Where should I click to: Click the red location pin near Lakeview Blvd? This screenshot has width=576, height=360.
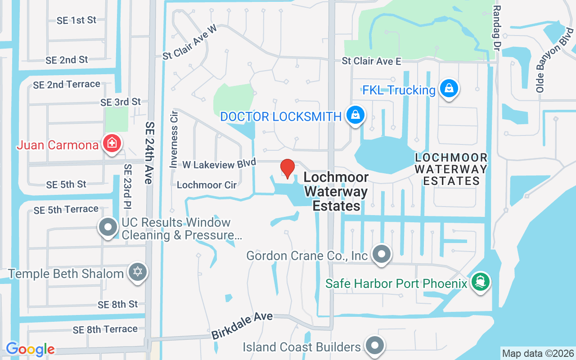pyautogui.click(x=288, y=168)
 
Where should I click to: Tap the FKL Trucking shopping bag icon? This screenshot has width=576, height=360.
pyautogui.click(x=449, y=89)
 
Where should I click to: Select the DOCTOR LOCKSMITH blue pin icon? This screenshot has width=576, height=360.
pyautogui.click(x=355, y=115)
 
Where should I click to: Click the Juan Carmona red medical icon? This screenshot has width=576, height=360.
pyautogui.click(x=111, y=144)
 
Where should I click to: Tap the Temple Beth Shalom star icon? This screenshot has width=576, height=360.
pyautogui.click(x=138, y=272)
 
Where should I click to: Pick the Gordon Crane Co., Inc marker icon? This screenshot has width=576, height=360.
pyautogui.click(x=382, y=254)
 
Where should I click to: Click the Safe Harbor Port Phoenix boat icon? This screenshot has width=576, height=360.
pyautogui.click(x=481, y=282)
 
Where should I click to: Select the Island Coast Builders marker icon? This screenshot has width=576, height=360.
pyautogui.click(x=374, y=346)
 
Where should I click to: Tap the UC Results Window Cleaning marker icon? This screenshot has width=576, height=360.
pyautogui.click(x=108, y=227)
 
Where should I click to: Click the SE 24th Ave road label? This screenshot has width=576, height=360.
pyautogui.click(x=149, y=153)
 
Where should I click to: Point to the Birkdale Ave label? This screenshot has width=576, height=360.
pyautogui.click(x=242, y=326)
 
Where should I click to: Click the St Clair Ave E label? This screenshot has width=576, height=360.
pyautogui.click(x=371, y=61)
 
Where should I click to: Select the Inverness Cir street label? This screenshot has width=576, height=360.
pyautogui.click(x=174, y=139)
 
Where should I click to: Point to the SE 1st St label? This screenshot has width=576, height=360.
pyautogui.click(x=76, y=20)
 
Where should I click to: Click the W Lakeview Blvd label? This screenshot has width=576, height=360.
pyautogui.click(x=219, y=163)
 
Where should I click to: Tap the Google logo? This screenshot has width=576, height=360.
pyautogui.click(x=30, y=349)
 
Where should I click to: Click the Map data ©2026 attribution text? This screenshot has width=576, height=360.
pyautogui.click(x=538, y=353)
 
